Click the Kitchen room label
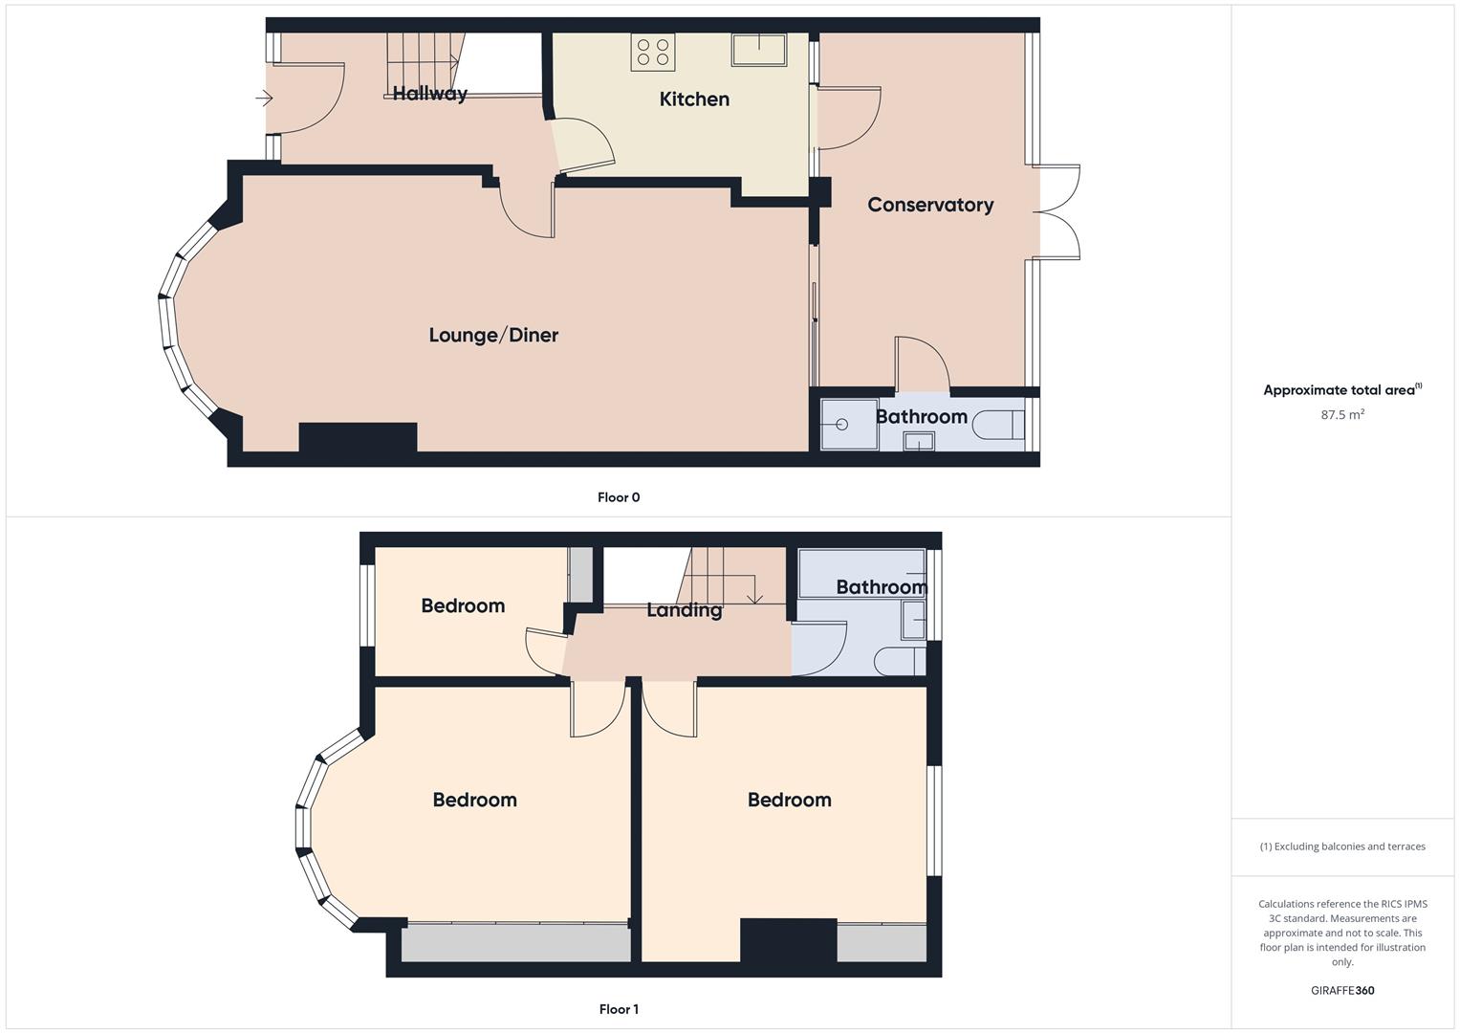coord(694,99)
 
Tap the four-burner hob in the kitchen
coord(653,52)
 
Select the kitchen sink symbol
coord(759,50)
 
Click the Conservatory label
coord(930,205)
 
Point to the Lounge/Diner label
coord(493,335)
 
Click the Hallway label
coord(430,93)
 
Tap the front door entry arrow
coord(265,98)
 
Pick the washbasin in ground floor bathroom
coord(919,441)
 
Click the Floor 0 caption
coord(619,497)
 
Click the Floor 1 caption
coord(619,1009)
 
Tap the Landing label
coord(684,610)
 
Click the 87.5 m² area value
coord(1342,415)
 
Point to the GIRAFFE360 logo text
coord(1342,991)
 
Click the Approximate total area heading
coord(1342,390)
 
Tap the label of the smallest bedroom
coord(463,605)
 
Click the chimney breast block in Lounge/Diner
coord(358,437)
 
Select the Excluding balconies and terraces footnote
coord(1342,846)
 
